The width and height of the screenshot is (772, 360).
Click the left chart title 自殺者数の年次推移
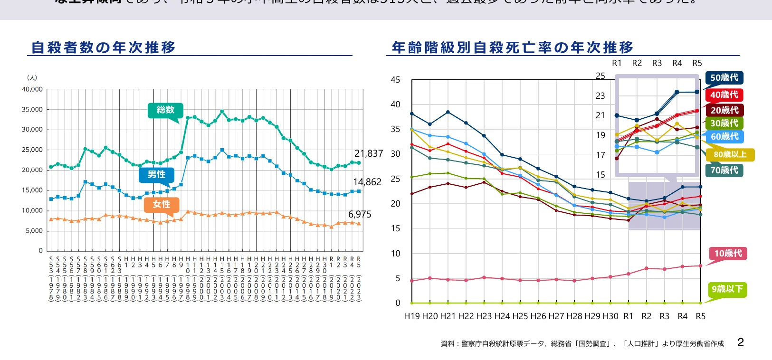point(104,47)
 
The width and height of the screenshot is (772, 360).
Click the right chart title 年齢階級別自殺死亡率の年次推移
point(512,47)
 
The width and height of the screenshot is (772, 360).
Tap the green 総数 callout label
point(165,110)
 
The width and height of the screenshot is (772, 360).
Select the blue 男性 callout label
point(156,175)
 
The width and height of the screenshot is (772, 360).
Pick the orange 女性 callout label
point(162,204)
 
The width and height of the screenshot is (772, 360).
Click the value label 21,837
point(369,153)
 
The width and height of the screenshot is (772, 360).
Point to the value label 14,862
point(367,182)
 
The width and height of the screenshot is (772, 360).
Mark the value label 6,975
point(360,214)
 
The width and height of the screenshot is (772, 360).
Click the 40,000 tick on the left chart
point(32,89)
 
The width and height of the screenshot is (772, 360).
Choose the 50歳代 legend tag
point(724,77)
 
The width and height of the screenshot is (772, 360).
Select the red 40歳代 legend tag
point(724,95)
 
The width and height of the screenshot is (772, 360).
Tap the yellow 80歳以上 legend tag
point(730,154)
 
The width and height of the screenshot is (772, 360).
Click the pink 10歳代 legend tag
point(728,253)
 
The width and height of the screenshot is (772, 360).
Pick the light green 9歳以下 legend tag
point(727,289)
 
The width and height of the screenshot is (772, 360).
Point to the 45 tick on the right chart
point(395,80)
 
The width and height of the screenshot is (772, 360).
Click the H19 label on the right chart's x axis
point(412,316)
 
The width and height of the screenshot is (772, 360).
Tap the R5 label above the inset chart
point(697,63)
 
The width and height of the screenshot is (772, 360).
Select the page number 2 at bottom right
point(740,342)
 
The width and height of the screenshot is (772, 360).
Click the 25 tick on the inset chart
point(600,76)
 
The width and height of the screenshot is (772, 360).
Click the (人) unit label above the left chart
point(32,77)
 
